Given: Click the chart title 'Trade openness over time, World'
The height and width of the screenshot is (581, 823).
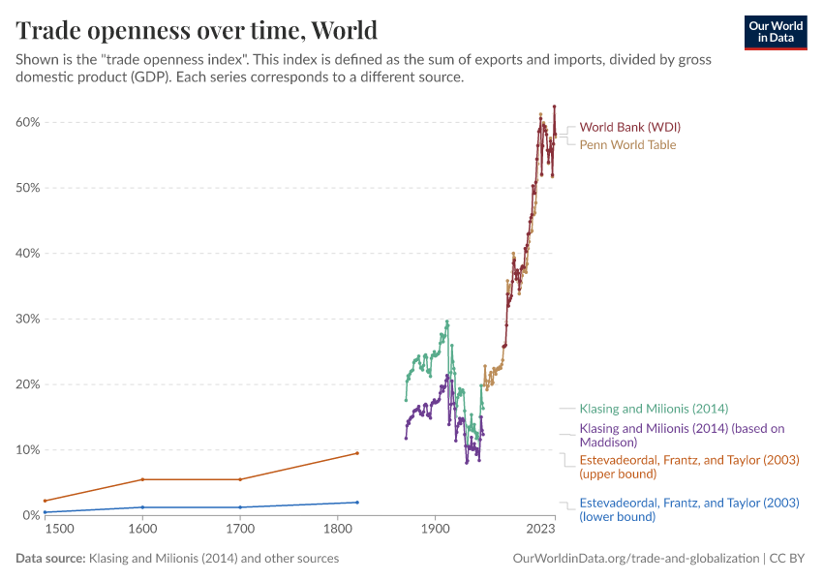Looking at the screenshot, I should (x=197, y=30).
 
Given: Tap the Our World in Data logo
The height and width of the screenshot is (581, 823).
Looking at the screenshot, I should (x=775, y=32).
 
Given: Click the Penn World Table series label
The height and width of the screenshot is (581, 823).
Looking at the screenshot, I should (x=627, y=144).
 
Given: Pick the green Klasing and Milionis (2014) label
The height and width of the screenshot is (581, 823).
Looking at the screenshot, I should (x=654, y=409).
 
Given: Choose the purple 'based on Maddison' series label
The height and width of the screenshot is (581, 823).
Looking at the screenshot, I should (x=681, y=435).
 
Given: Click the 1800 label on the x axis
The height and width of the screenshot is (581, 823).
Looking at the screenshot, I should (x=337, y=530).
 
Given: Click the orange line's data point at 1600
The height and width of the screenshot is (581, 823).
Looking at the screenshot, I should (x=143, y=479).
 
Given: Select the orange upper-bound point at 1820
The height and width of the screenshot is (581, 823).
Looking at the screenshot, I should (x=357, y=453).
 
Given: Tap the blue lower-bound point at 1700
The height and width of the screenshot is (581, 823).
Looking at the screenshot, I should (x=240, y=507).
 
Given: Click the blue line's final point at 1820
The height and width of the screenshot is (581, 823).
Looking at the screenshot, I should (x=357, y=502).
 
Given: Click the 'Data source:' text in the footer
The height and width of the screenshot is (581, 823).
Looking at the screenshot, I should (x=50, y=559).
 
